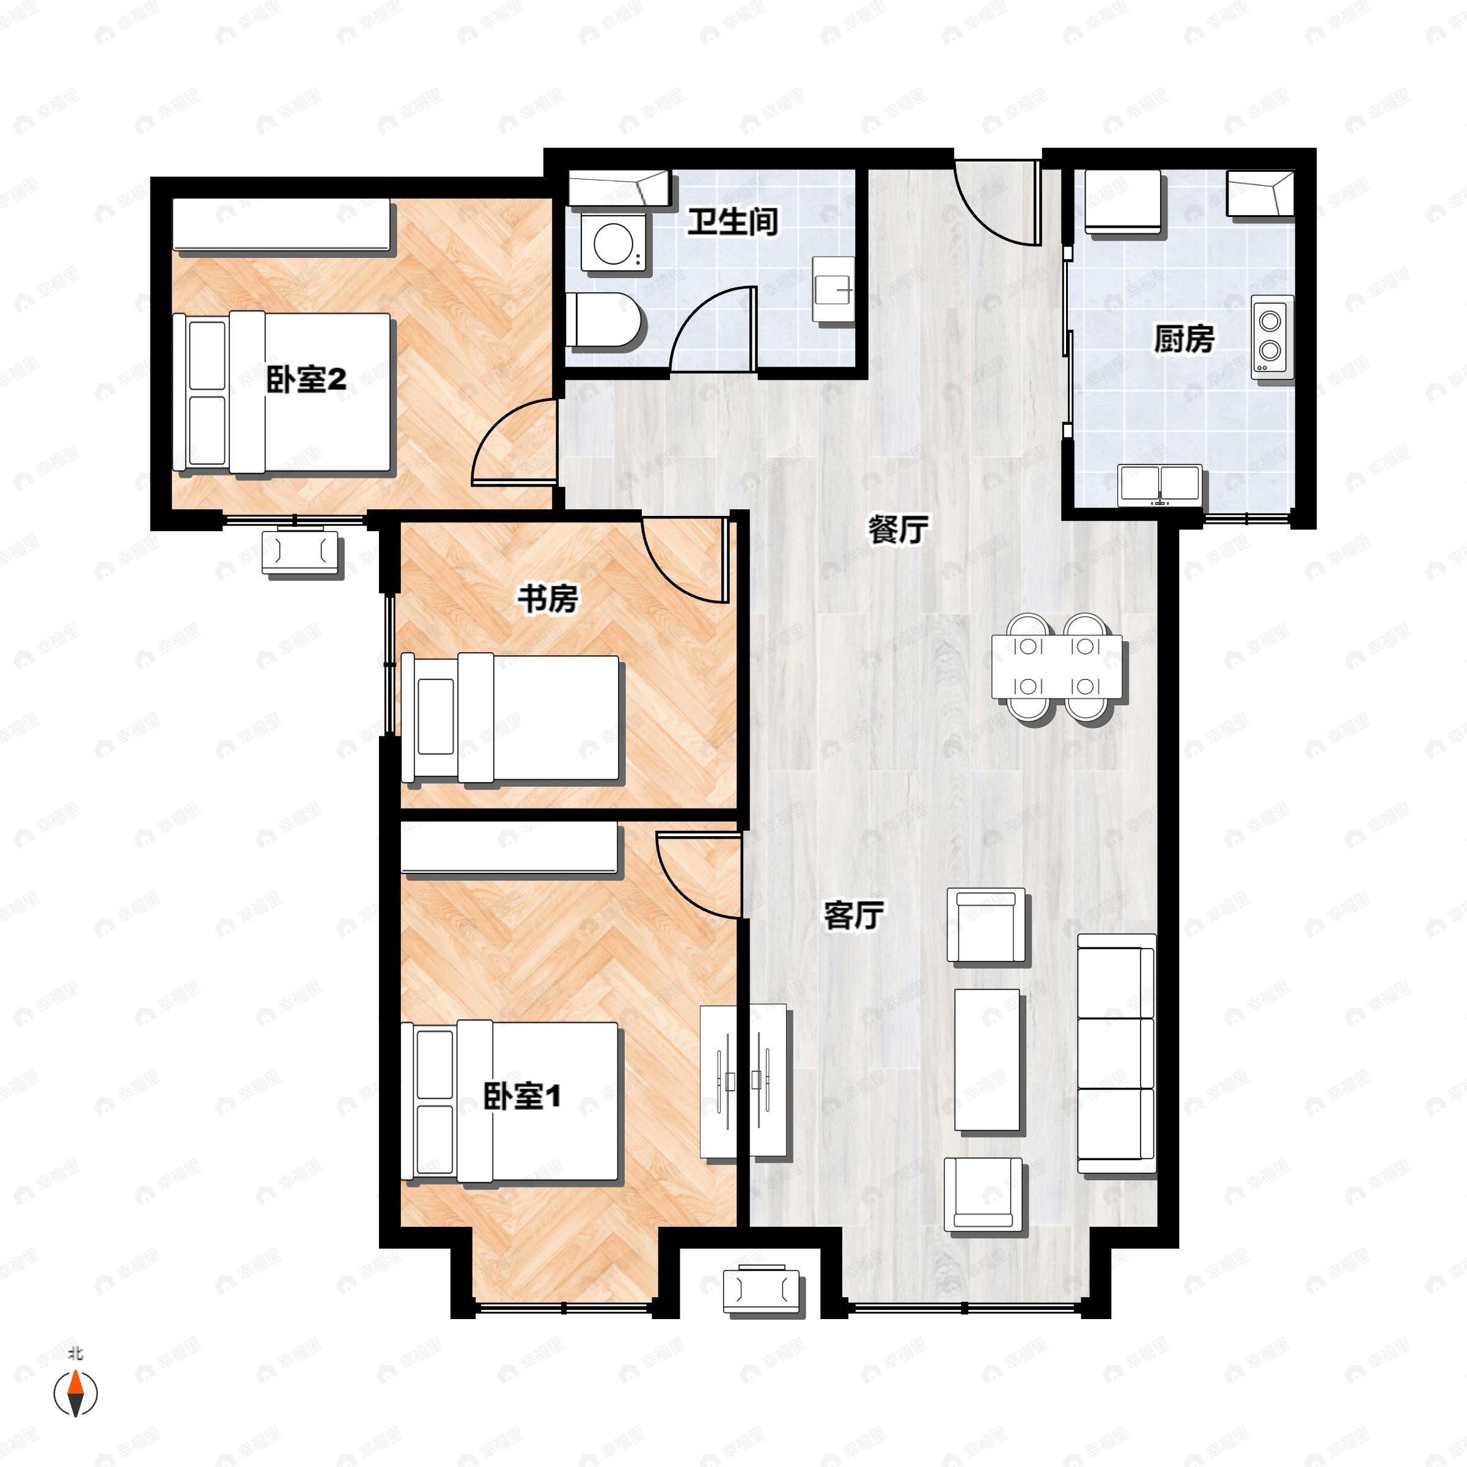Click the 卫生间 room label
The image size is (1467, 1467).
[733, 222]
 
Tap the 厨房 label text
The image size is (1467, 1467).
[1184, 339]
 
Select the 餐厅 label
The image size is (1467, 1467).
[899, 529]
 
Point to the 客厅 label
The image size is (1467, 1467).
[853, 916]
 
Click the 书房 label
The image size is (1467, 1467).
[548, 599]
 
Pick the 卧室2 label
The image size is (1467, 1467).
[306, 379]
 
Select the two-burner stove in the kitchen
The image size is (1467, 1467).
[1272, 336]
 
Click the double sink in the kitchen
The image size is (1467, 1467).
[1160, 485]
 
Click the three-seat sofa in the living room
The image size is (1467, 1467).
[1116, 1054]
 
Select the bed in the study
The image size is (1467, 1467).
[510, 718]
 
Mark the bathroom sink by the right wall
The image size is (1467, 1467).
[834, 289]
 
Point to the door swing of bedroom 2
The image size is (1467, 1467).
[514, 440]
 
